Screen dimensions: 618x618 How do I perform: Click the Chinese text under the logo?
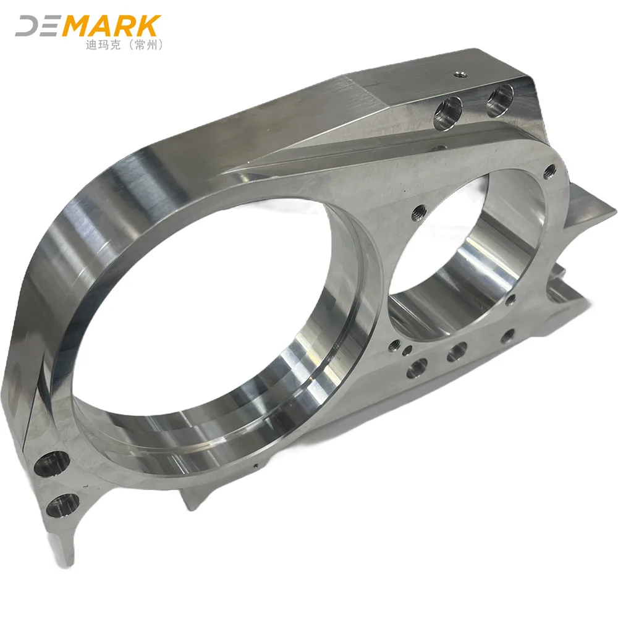point(125,45)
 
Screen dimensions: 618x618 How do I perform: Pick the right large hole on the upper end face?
point(500,101)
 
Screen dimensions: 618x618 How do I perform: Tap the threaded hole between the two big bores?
point(418,213)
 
